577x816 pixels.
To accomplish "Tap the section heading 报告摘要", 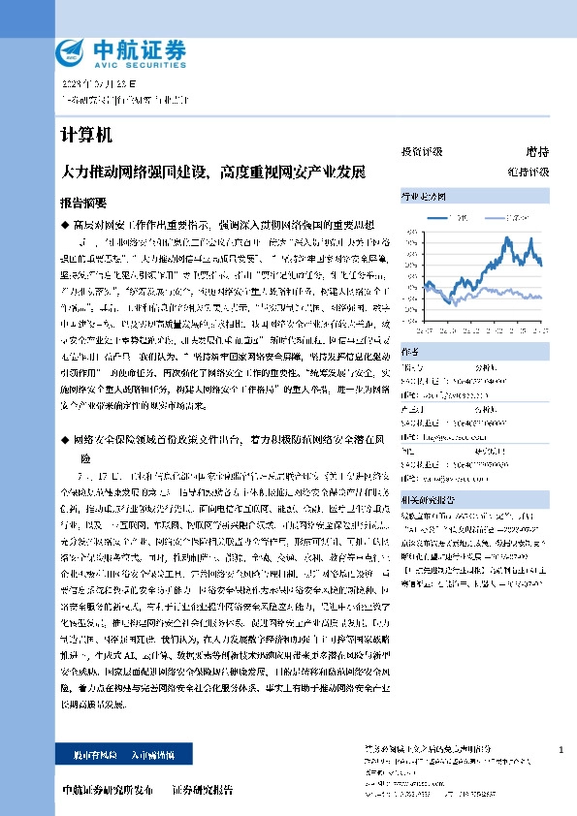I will [83, 204].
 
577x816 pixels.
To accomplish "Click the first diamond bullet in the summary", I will [65, 224].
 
